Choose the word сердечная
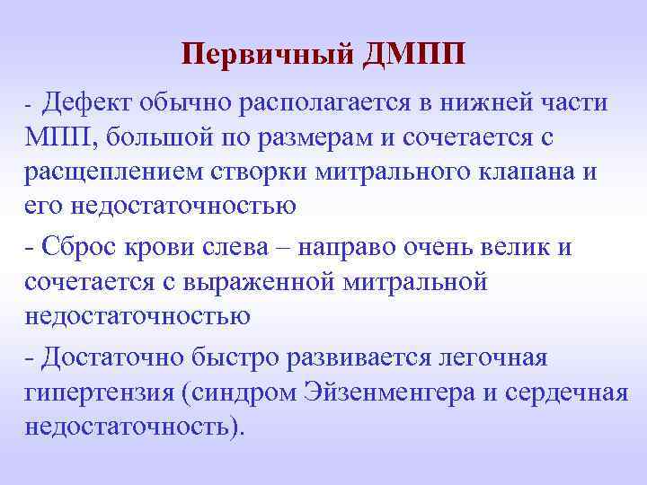tap(567, 392)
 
